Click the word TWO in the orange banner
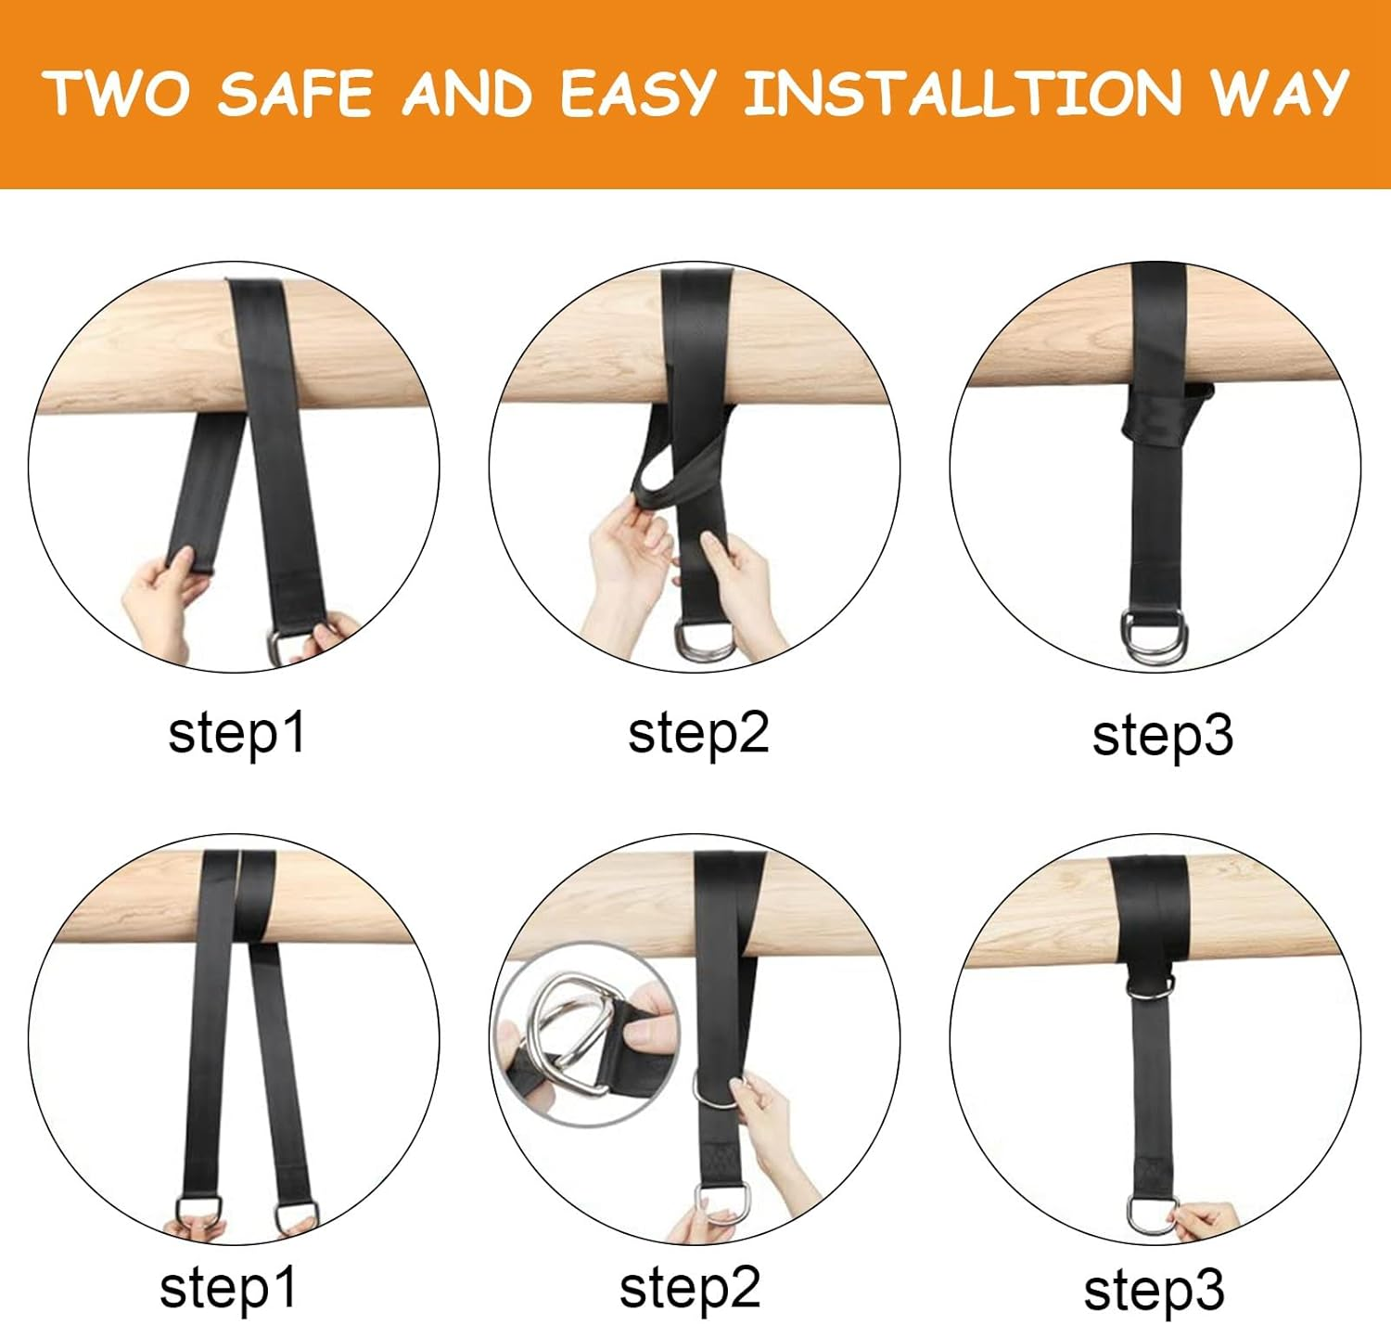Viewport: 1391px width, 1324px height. [116, 94]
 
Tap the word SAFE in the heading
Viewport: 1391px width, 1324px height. [295, 94]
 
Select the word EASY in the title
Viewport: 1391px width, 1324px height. [638, 94]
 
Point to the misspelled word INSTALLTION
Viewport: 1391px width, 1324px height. [963, 94]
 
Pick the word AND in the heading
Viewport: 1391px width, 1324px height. [467, 94]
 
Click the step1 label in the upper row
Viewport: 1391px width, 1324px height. [236, 733]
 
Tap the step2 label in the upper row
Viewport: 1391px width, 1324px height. [698, 733]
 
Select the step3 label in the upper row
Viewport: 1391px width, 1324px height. [1162, 736]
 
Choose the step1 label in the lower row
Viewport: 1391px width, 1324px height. [228, 1288]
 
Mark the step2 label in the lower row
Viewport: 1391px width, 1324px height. [690, 1288]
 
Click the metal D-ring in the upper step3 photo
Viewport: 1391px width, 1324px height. [1153, 637]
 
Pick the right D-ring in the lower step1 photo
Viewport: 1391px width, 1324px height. [297, 1215]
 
